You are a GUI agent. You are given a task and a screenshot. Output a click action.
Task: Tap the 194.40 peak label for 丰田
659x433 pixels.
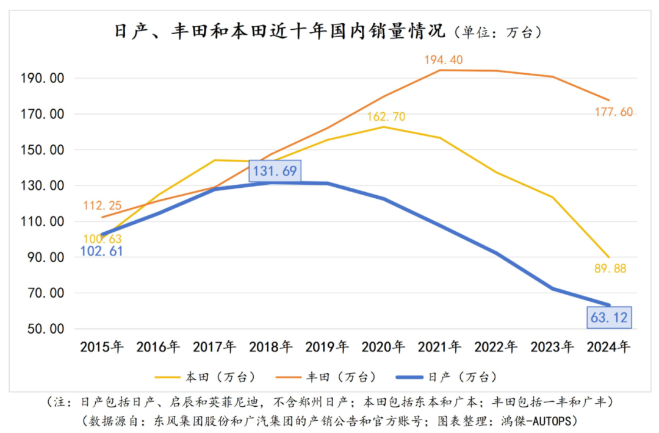pyautogui.click(x=443, y=60)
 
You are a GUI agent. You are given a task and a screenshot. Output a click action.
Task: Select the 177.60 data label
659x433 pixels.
pyautogui.click(x=613, y=112)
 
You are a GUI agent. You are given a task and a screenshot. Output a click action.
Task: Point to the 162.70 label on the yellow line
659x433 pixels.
pyautogui.click(x=386, y=116)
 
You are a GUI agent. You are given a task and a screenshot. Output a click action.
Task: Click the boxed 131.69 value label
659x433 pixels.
pyautogui.click(x=275, y=171)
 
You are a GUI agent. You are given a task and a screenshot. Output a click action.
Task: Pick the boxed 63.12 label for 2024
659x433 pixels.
pyautogui.click(x=609, y=317)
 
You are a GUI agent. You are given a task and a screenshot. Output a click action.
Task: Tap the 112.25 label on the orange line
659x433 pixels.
pyautogui.click(x=103, y=205)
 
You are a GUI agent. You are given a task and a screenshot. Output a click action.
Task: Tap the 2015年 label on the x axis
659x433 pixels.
pyautogui.click(x=102, y=347)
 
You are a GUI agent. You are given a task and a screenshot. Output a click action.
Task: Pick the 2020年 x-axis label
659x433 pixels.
pyautogui.click(x=383, y=347)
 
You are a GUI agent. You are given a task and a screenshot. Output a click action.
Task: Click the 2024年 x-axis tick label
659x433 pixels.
pyautogui.click(x=608, y=347)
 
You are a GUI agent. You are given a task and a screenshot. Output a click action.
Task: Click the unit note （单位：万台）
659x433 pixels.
pyautogui.click(x=497, y=32)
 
